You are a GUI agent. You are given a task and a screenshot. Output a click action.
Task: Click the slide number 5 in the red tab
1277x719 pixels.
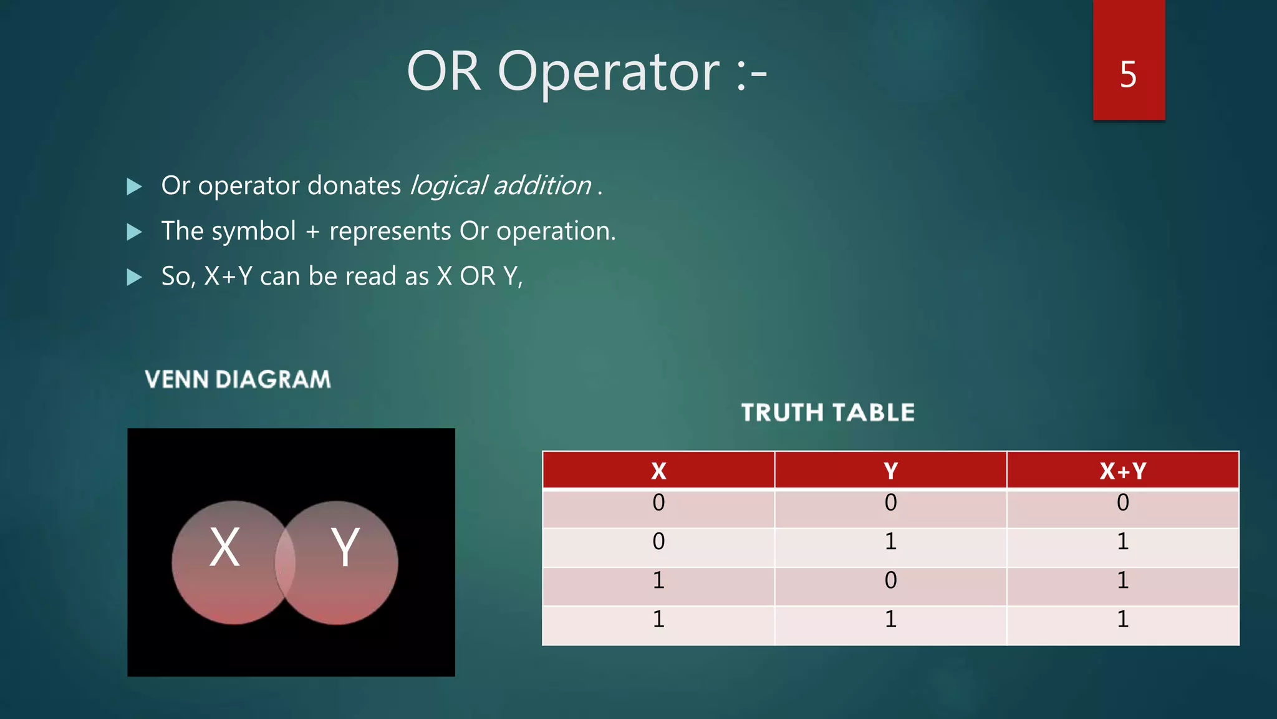[1128, 75]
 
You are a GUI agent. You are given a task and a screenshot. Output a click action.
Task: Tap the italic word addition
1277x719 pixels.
[542, 185]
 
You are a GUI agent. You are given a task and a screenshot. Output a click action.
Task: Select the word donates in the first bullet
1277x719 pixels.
[354, 185]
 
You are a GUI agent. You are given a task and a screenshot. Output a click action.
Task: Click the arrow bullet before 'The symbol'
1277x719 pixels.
[134, 232]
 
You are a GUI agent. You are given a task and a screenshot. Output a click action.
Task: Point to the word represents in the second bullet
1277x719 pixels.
[390, 231]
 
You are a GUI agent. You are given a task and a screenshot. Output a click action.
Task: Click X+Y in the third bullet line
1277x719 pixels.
[228, 276]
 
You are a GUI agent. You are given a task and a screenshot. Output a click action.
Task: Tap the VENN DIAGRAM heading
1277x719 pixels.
[238, 379]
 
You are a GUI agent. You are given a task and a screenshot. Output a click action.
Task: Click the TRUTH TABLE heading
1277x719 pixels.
[827, 413]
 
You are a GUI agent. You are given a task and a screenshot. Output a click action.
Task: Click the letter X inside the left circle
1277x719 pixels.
[224, 547]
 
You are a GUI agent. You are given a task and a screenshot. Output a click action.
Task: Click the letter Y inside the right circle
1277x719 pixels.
[345, 547]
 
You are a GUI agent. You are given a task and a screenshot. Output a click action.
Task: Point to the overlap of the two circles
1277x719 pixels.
[285, 562]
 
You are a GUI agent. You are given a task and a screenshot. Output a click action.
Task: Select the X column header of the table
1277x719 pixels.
[658, 471]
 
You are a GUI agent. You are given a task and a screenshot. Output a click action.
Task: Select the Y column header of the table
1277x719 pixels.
[890, 471]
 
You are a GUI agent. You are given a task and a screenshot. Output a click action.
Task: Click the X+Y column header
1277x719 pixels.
[1122, 471]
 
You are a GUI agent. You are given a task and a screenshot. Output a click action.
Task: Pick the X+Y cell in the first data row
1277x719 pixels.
[1122, 503]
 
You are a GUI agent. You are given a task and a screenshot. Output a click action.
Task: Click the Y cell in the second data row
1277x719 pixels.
[890, 542]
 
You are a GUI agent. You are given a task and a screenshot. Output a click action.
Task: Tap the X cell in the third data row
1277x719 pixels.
[658, 580]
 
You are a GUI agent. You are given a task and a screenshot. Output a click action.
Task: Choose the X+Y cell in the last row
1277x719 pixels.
[1122, 619]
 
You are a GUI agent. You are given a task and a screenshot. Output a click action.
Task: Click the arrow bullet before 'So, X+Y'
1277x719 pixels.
[134, 277]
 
